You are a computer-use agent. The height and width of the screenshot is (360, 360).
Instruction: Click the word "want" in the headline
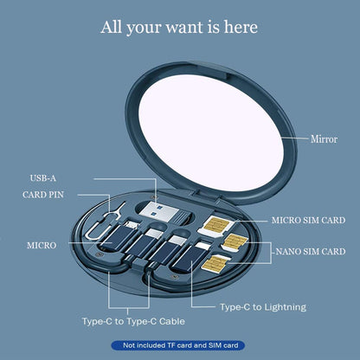tap(173, 27)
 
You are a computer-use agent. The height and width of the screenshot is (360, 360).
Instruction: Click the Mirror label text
tap(324, 138)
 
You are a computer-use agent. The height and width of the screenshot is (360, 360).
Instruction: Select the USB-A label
tap(42, 178)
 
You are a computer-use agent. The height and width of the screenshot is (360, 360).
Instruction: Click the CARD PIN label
tap(43, 195)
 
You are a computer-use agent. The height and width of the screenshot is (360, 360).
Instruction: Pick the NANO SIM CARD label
tap(311, 252)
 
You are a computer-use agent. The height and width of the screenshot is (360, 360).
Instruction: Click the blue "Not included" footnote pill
tap(179, 345)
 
